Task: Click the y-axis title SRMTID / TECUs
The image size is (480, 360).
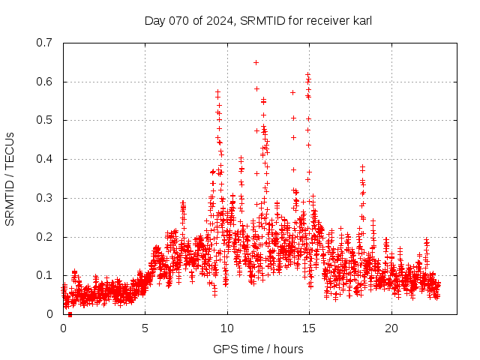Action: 10,178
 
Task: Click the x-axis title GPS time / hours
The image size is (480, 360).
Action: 258,349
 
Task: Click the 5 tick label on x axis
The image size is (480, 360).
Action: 145,328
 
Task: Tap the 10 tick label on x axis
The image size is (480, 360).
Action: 227,328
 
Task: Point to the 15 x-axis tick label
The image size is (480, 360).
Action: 309,328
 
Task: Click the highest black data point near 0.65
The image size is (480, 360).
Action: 256,62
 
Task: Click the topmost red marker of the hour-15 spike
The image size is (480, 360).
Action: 308,74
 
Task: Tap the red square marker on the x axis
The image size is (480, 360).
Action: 70,314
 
